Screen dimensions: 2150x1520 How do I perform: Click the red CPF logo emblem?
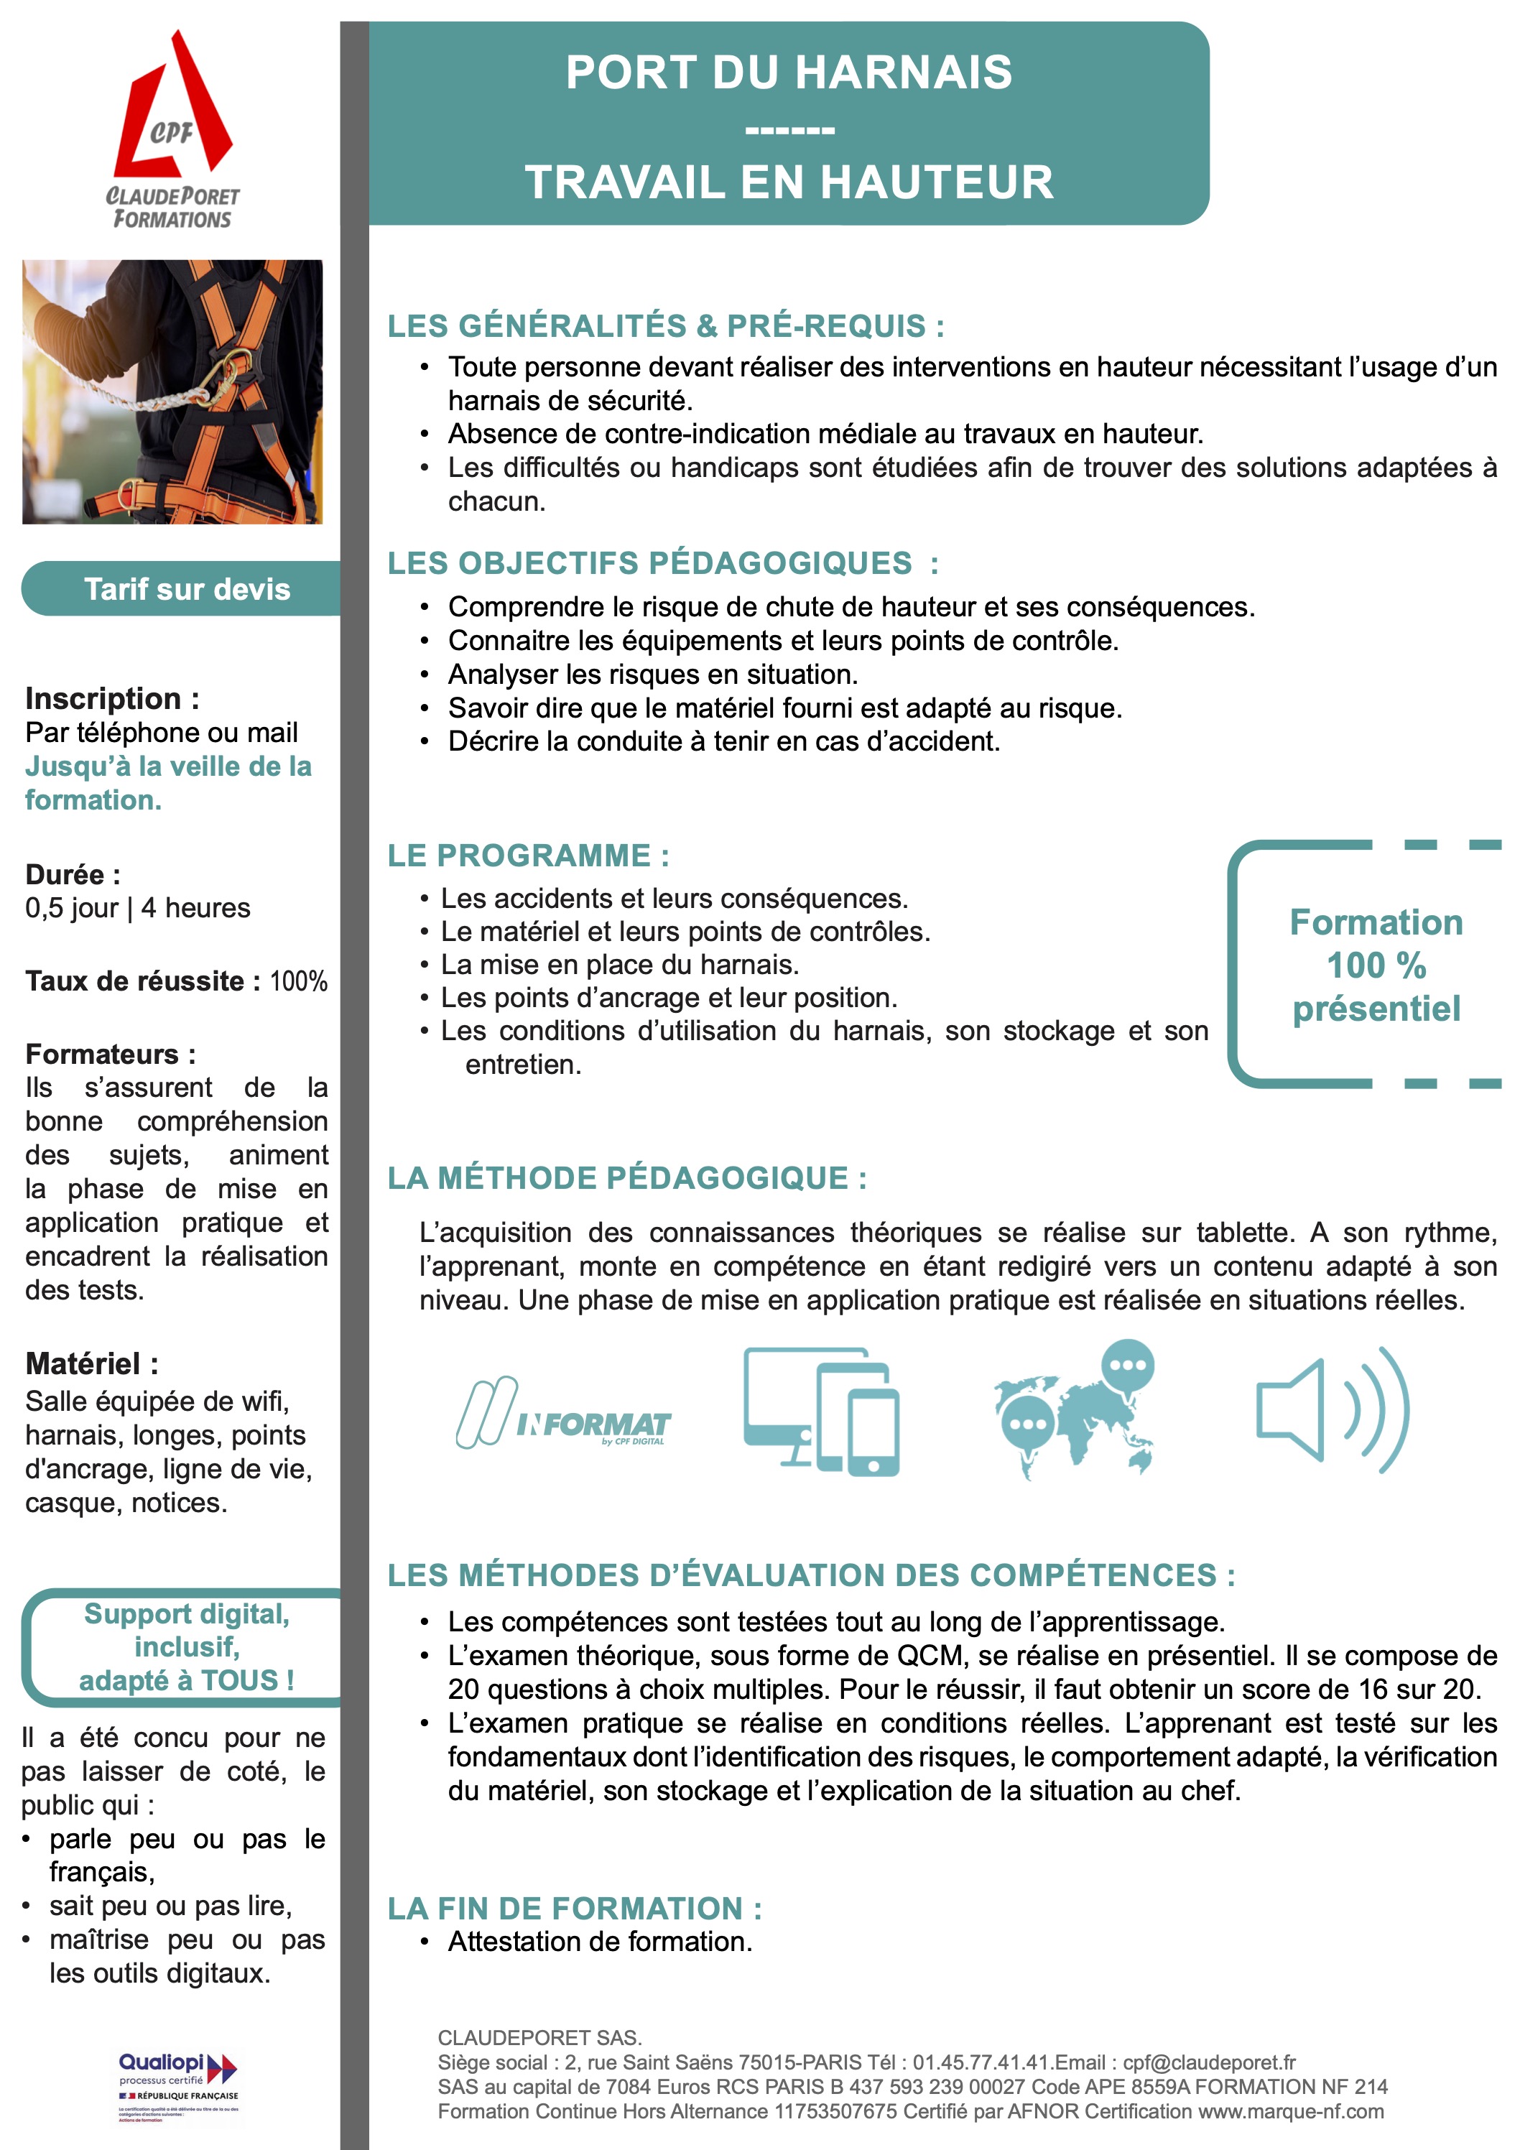click(x=173, y=108)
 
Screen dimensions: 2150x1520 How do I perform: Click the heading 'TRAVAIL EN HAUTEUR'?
click(x=789, y=182)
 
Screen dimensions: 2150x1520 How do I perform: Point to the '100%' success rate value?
click(x=299, y=981)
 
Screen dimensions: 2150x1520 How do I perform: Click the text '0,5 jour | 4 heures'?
click(x=138, y=908)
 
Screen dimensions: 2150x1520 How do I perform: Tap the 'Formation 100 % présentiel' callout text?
click(x=1375, y=965)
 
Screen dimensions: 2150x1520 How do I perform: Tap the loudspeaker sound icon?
click(x=1332, y=1410)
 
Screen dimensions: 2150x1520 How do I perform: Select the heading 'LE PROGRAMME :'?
click(x=528, y=856)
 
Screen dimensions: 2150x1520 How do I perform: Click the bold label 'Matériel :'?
click(x=92, y=1363)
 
